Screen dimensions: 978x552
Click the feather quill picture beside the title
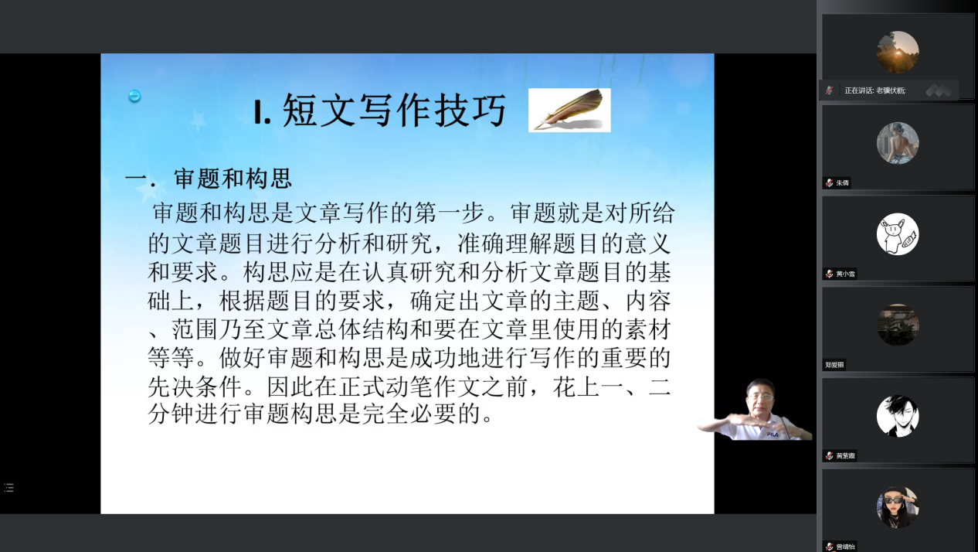[x=569, y=110]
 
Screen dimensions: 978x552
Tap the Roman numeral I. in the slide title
[x=263, y=112]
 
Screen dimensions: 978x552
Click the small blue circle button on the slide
[x=134, y=96]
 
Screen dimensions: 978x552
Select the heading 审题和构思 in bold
[x=233, y=179]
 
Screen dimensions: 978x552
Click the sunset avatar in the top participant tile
[x=898, y=52]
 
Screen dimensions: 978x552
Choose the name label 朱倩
[x=842, y=182]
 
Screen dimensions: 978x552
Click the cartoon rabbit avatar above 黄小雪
[x=898, y=233]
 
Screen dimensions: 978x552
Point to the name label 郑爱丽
[x=834, y=364]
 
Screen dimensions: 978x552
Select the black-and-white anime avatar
[x=898, y=416]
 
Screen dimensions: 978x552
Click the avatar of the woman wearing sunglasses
[x=898, y=507]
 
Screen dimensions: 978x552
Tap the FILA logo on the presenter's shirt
[x=773, y=434]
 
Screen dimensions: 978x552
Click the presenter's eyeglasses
[x=760, y=397]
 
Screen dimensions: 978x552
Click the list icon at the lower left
[x=8, y=488]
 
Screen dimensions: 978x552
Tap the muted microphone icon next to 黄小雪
[x=829, y=274]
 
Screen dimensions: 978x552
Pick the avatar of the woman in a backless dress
[x=898, y=143]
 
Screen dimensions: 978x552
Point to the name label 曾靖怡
[x=845, y=547]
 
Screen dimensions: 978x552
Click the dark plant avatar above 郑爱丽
[x=898, y=325]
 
